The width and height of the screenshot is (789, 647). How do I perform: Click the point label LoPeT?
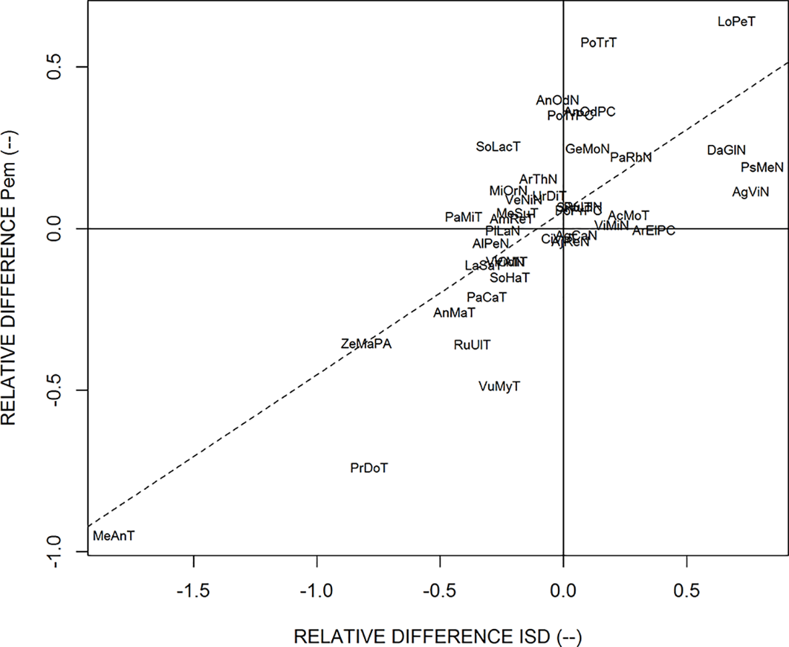[736, 22]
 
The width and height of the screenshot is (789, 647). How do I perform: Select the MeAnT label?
[114, 535]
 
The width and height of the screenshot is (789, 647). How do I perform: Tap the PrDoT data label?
[369, 469]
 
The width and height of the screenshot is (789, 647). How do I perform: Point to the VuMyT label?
[499, 386]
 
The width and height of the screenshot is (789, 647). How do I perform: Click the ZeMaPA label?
[365, 345]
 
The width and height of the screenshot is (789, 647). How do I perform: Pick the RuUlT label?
[472, 345]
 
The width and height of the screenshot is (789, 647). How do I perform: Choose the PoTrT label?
[599, 43]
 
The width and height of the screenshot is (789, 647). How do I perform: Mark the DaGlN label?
[726, 150]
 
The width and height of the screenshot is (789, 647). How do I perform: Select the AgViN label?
[750, 192]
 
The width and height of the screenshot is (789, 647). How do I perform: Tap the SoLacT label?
[498, 146]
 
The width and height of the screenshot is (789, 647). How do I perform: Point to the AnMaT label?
[454, 313]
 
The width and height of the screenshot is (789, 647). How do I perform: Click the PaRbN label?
[631, 158]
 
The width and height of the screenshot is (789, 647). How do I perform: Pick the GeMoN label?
[587, 149]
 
